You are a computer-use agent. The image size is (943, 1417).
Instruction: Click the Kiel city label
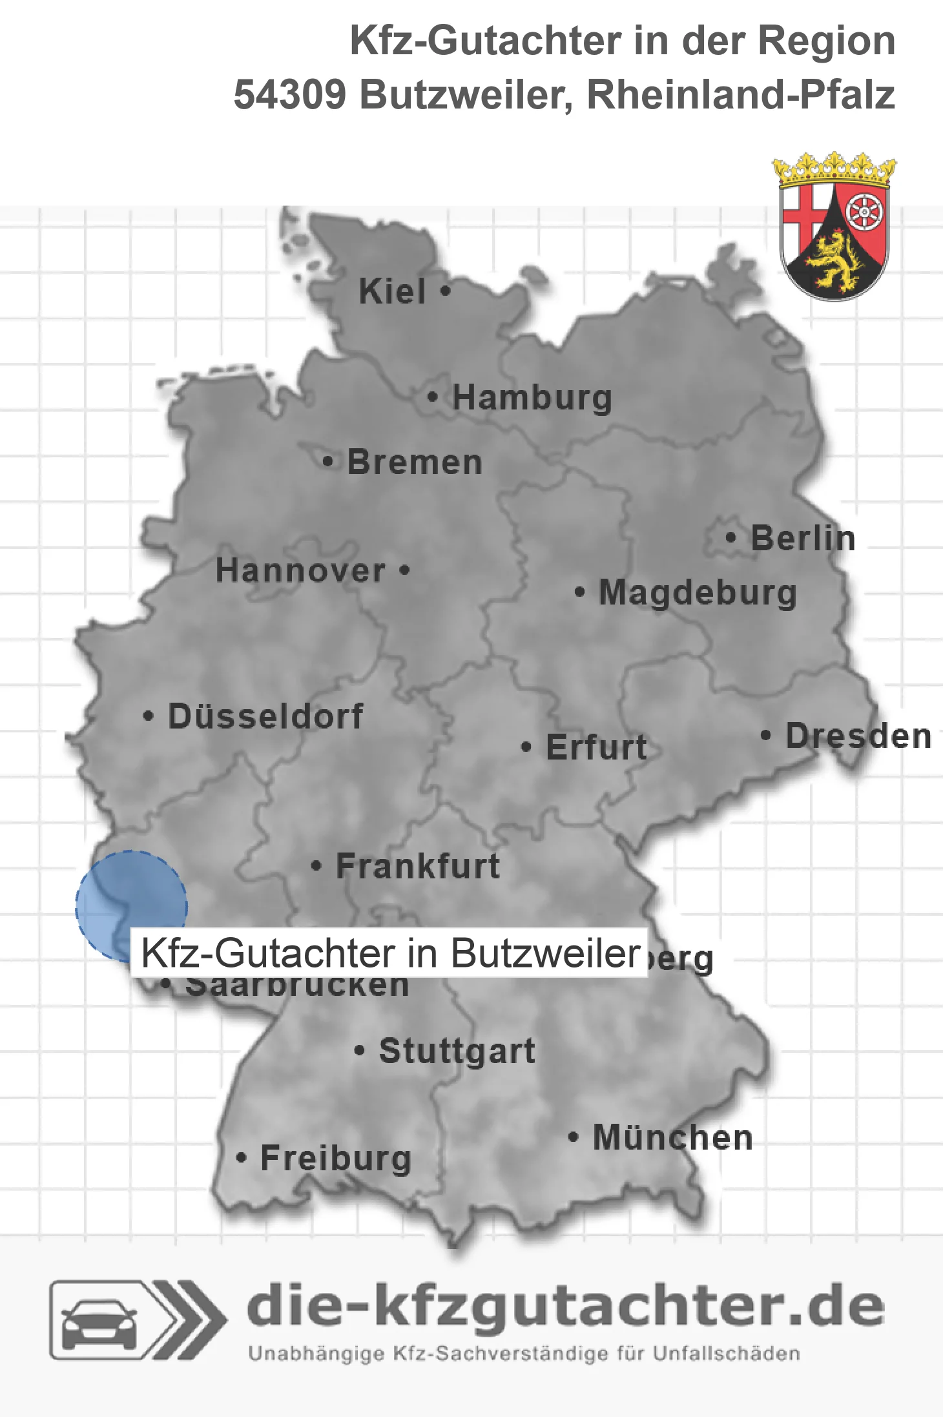pyautogui.click(x=392, y=291)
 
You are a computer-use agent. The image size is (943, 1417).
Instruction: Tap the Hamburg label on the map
pyautogui.click(x=532, y=397)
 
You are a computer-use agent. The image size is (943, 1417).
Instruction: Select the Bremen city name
pyautogui.click(x=415, y=462)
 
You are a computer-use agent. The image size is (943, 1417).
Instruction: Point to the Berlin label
pyautogui.click(x=803, y=538)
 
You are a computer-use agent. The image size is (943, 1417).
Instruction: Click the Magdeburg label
pyautogui.click(x=698, y=592)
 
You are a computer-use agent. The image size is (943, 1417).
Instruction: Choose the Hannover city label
pyautogui.click(x=300, y=570)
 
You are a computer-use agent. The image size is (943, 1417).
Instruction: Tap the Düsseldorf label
pyautogui.click(x=265, y=716)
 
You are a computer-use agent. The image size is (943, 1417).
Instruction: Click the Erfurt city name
pyautogui.click(x=596, y=747)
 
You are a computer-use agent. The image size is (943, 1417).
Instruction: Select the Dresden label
pyautogui.click(x=858, y=736)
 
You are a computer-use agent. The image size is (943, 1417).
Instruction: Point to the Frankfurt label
pyautogui.click(x=418, y=866)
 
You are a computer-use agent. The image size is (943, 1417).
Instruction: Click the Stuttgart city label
pyautogui.click(x=457, y=1051)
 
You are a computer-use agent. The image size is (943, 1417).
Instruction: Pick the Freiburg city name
pyautogui.click(x=336, y=1158)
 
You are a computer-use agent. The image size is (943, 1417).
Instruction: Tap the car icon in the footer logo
pyautogui.click(x=99, y=1321)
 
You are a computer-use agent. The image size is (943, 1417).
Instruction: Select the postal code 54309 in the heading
pyautogui.click(x=290, y=95)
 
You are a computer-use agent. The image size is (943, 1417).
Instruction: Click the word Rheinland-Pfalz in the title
pyautogui.click(x=740, y=95)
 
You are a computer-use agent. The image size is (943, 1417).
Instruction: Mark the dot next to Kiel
pyautogui.click(x=445, y=291)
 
